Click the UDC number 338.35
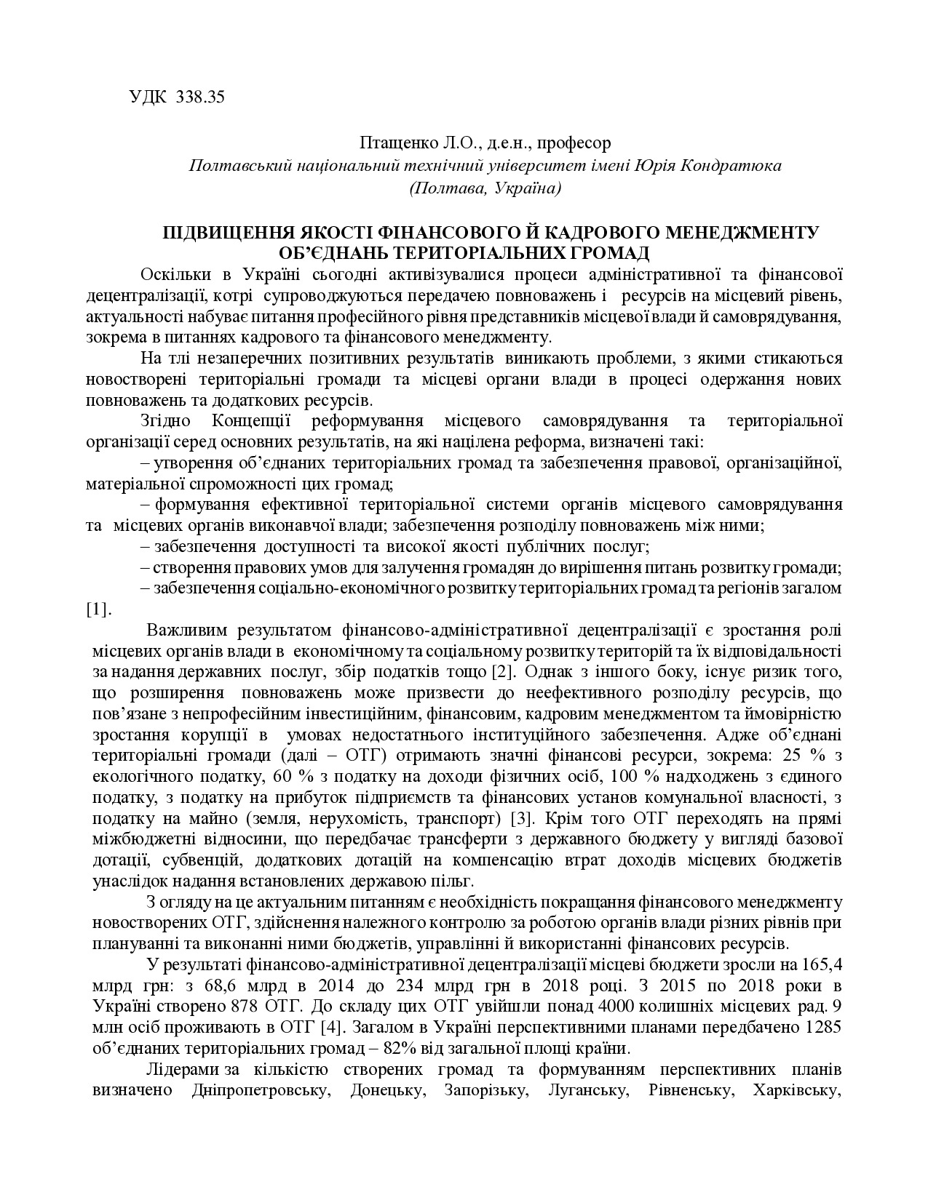click(200, 97)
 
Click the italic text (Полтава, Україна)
click(485, 188)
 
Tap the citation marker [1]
click(98, 609)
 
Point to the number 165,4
click(822, 965)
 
